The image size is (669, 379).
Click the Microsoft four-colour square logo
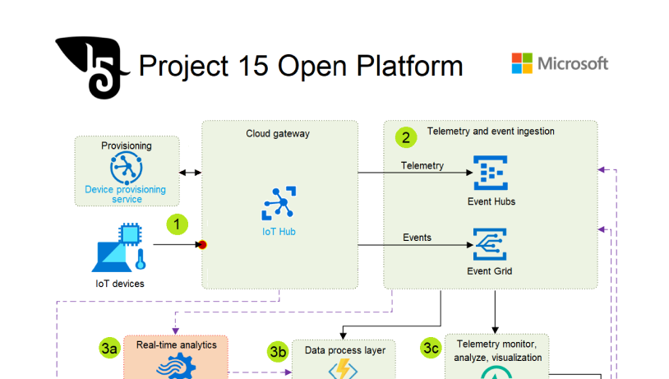coord(522,63)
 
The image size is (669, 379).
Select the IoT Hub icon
coord(279,204)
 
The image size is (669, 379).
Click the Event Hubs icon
coord(491,172)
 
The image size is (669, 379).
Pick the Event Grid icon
coord(490,244)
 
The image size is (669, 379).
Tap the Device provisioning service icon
coord(126,168)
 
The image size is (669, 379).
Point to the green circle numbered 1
coord(178,224)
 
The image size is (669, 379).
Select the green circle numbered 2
coord(406,136)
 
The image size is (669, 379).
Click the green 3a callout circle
coord(110,349)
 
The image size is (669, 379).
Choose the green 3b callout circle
coord(279,352)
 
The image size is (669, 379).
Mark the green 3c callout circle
coord(431,348)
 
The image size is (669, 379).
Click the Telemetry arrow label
coord(422,165)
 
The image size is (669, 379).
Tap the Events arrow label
coord(417,238)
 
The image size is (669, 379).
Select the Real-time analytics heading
coord(177,345)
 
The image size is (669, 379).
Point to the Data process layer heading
coord(345,350)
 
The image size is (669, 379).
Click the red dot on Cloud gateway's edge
coord(202,244)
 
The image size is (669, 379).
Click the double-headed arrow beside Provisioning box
coord(190,172)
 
